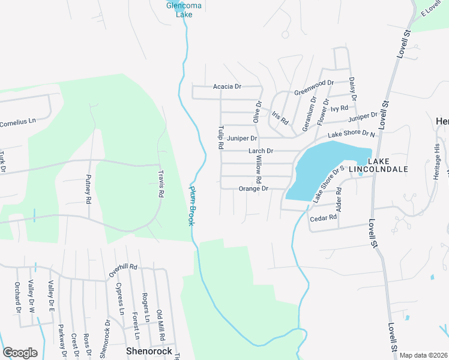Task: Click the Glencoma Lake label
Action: pos(179,10)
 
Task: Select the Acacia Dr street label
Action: pos(227,87)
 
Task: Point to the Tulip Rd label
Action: pos(221,137)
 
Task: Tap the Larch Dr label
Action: pos(261,151)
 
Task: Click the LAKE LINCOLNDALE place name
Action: pos(387,166)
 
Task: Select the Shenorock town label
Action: pos(149,351)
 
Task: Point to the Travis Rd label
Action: pos(161,183)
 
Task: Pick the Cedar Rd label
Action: pos(323,218)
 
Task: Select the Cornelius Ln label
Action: pos(18,121)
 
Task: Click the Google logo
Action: pos(20,352)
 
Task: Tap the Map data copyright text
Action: pos(423,355)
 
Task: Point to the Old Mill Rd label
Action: pos(160,323)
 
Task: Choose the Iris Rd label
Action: pos(280,117)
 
